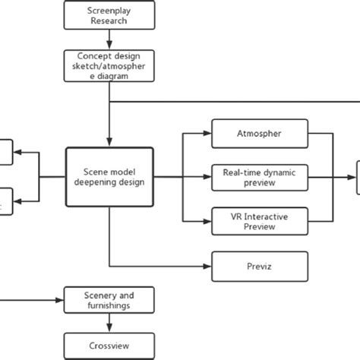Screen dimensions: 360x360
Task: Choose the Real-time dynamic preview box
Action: coord(261,177)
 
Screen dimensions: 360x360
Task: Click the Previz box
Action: coord(261,266)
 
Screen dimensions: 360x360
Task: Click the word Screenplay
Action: coord(109,11)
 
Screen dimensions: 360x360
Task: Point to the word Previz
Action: coord(261,266)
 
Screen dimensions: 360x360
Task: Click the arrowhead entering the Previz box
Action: coord(209,266)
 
